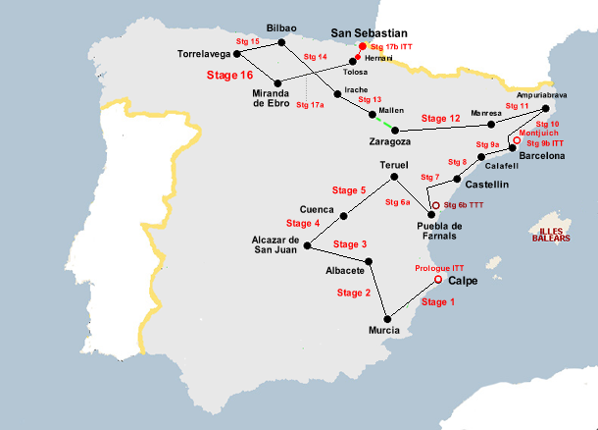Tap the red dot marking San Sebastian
click(x=362, y=46)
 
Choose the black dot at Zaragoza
click(x=394, y=130)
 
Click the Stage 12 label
click(x=440, y=118)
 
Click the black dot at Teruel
click(x=393, y=177)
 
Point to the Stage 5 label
click(x=349, y=189)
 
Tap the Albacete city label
click(x=346, y=271)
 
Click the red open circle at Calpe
click(x=437, y=280)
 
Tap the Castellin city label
click(x=486, y=184)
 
